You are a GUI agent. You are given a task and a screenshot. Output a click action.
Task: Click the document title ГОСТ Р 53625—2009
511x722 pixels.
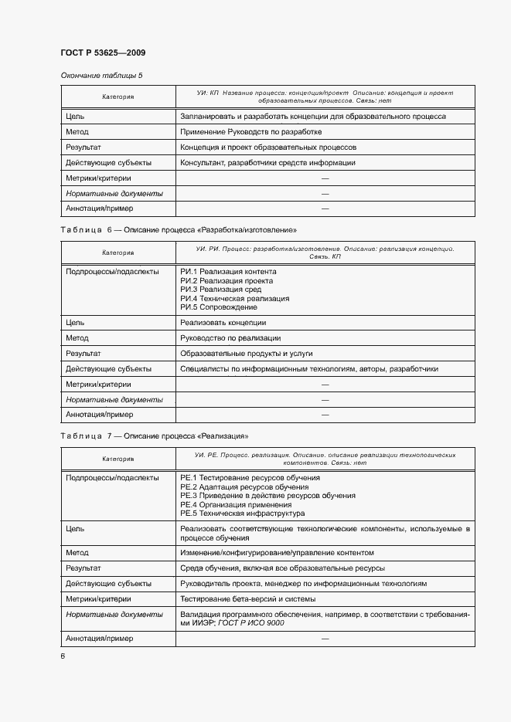(x=103, y=53)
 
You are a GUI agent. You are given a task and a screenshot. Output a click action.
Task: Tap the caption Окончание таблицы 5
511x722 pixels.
(x=101, y=76)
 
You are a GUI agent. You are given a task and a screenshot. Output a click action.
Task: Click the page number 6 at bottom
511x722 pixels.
(x=63, y=656)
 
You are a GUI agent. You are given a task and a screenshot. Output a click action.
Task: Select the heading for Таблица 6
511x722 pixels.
(x=179, y=230)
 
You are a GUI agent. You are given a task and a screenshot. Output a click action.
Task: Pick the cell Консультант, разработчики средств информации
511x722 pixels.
(x=267, y=163)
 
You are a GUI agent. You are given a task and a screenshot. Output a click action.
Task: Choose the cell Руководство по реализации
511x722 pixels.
(x=230, y=338)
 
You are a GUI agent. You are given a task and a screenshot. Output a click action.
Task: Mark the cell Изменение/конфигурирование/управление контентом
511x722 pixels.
(x=277, y=553)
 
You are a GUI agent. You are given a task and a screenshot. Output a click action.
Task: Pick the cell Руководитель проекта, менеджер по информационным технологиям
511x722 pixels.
(x=303, y=584)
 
